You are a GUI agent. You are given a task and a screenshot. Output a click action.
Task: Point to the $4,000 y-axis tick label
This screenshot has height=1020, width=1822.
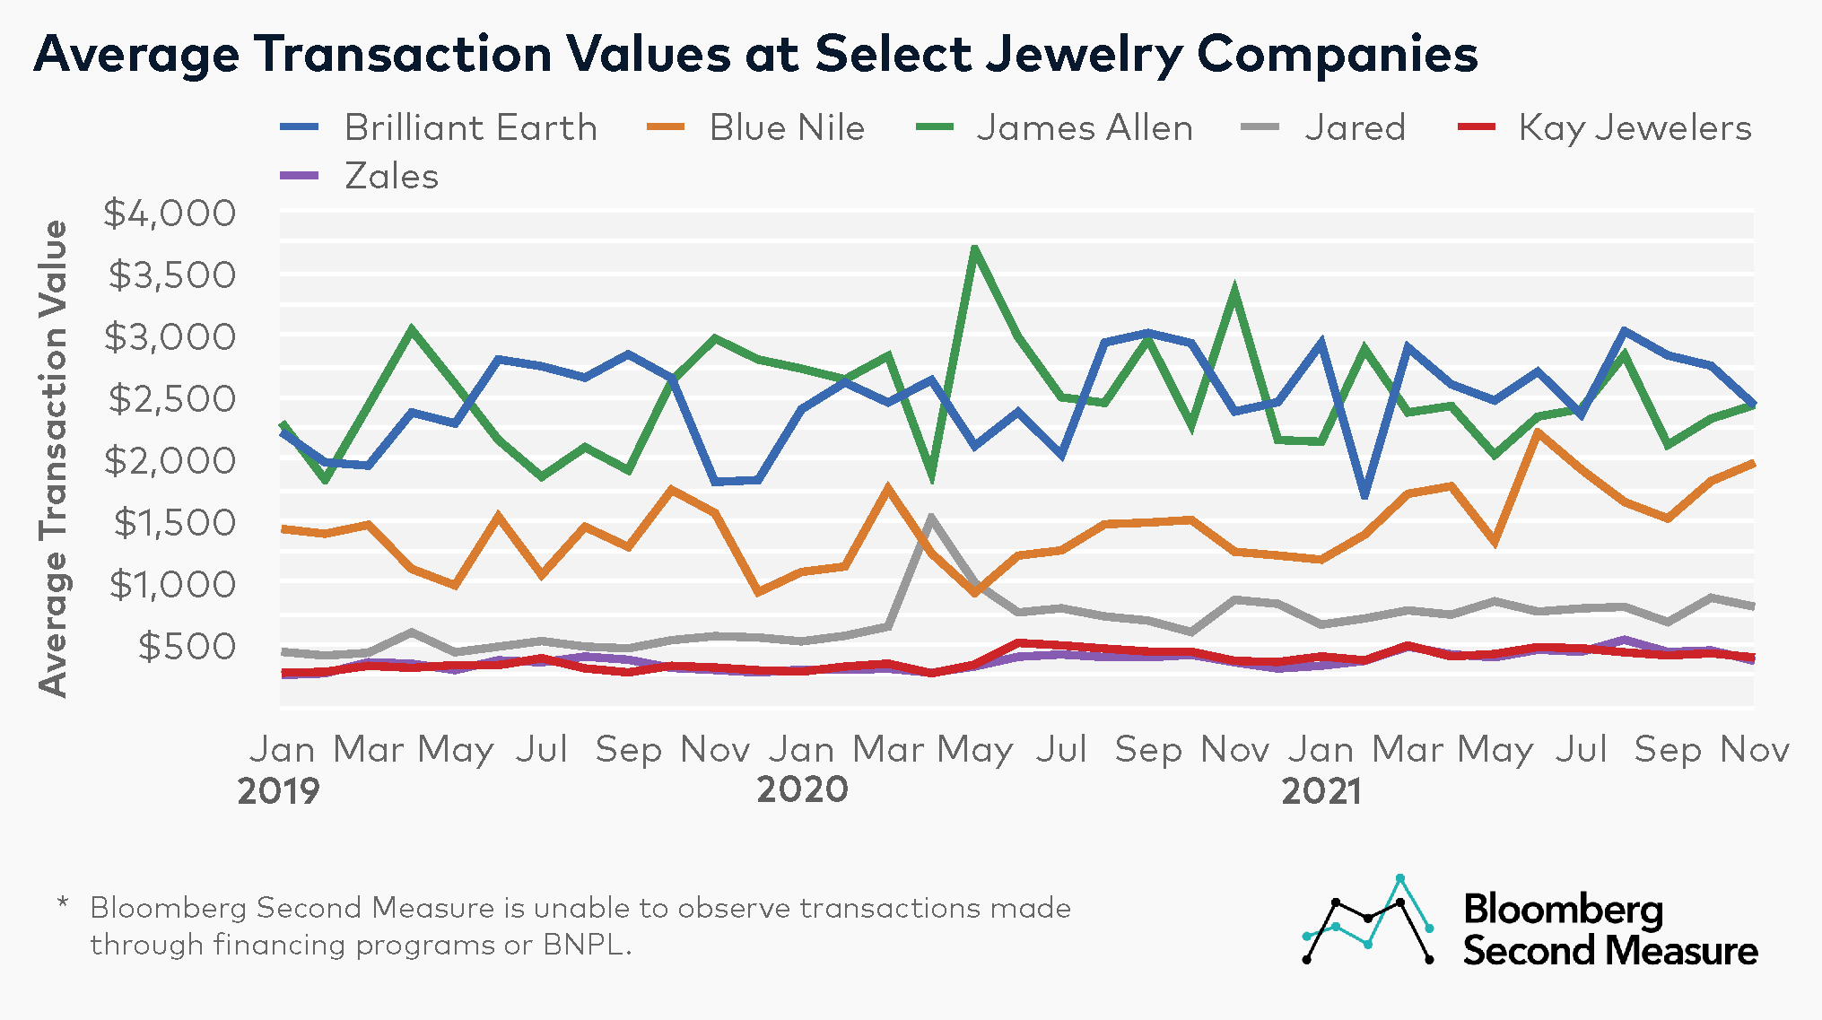click(x=170, y=214)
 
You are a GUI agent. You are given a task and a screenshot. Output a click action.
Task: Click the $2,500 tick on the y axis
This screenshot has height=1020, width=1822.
click(x=171, y=399)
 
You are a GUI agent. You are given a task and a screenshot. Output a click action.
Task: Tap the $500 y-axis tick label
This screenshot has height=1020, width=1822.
click(x=187, y=647)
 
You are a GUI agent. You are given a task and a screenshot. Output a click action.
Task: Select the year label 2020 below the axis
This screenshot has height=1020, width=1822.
click(x=802, y=790)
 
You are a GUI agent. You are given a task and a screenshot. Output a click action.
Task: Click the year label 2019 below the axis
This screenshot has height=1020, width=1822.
click(x=278, y=791)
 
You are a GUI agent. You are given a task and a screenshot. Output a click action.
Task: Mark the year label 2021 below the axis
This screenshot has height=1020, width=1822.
click(x=1321, y=791)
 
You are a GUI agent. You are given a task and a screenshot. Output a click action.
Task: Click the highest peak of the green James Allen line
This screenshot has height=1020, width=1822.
click(x=974, y=248)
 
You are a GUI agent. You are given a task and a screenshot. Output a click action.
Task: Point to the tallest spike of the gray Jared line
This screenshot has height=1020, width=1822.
click(x=931, y=518)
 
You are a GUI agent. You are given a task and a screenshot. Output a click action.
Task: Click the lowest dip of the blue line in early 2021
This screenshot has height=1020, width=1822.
click(x=1364, y=494)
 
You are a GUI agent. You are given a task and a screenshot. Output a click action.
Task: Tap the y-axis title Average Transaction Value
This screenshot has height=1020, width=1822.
click(x=54, y=458)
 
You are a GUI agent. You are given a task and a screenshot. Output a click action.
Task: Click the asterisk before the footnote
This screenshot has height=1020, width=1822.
click(x=63, y=902)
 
